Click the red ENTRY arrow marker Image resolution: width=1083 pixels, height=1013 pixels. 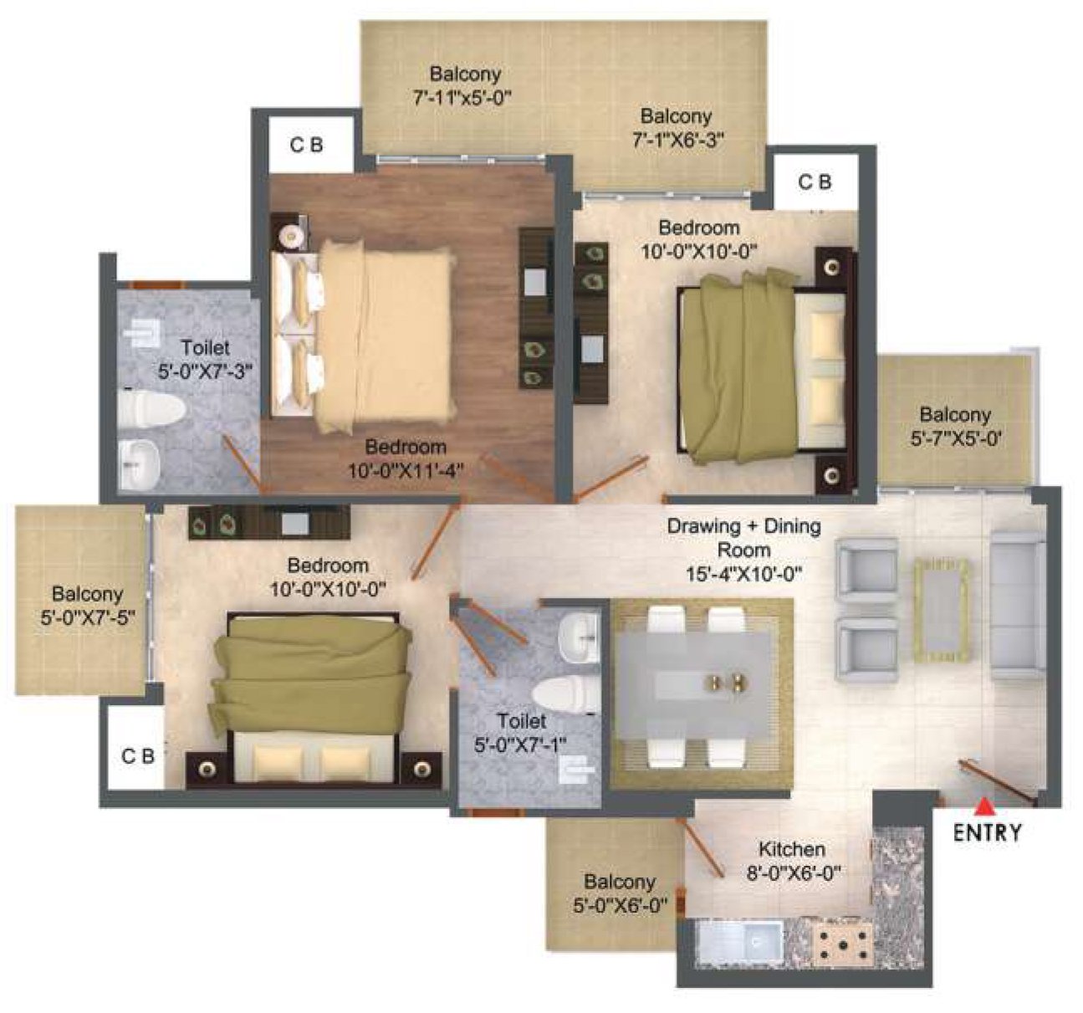coord(986,806)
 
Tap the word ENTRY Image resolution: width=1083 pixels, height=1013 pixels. coord(988,832)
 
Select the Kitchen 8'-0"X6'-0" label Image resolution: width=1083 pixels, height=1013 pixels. coord(792,860)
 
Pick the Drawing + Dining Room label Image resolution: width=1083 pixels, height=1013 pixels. coord(743,538)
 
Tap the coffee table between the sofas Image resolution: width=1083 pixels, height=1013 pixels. coord(943,605)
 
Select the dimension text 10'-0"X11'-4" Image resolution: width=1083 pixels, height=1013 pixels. coord(406,471)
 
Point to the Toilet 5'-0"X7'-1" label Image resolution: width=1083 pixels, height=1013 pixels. coord(520,732)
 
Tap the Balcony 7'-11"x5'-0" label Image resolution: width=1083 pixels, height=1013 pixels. coord(462,85)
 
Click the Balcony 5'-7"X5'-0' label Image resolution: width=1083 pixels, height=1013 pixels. coord(955,425)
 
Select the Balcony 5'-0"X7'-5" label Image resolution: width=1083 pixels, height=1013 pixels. coord(87,606)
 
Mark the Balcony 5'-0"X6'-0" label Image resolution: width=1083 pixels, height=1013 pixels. coord(620,893)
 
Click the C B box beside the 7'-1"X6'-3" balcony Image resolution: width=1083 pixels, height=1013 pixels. coord(815,182)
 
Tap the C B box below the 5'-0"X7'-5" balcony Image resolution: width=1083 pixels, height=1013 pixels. coord(138,756)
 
